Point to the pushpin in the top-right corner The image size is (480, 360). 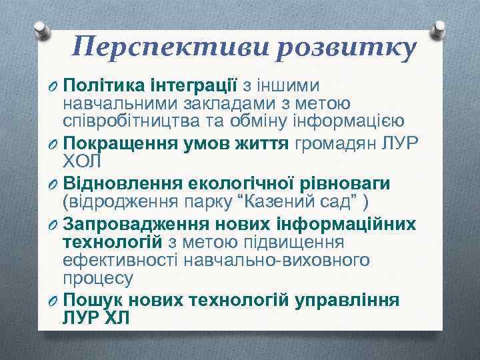(x=438, y=29)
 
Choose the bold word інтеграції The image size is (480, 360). (x=196, y=86)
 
